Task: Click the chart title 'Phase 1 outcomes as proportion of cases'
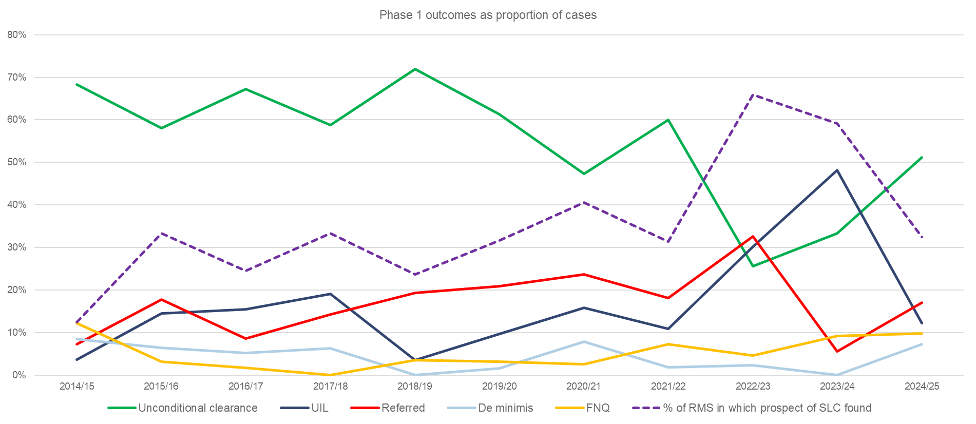tap(488, 15)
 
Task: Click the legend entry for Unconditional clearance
tap(198, 408)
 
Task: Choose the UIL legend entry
tap(319, 408)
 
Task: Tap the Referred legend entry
tap(403, 408)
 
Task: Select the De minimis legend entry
tap(505, 408)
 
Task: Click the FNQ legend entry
tap(598, 408)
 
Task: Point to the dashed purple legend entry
tap(767, 408)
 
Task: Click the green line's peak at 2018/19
tap(415, 69)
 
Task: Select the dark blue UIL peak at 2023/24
tap(837, 170)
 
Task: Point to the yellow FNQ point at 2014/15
tap(77, 323)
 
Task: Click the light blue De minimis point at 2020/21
tap(584, 341)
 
